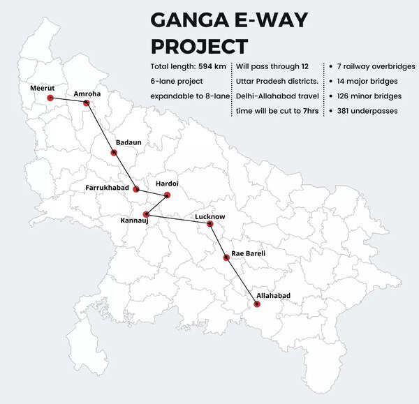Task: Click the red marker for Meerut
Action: click(50, 98)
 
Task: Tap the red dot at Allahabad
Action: click(258, 304)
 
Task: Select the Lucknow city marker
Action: click(209, 224)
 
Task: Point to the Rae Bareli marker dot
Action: click(226, 257)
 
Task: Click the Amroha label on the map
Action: click(87, 93)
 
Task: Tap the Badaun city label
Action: click(128, 142)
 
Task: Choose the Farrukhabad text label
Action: click(108, 188)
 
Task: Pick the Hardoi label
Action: click(167, 183)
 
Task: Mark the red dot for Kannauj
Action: click(146, 214)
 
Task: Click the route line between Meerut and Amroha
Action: click(68, 100)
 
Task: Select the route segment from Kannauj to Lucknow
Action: click(178, 219)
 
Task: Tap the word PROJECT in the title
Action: click(199, 47)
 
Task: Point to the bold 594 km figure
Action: click(212, 67)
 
